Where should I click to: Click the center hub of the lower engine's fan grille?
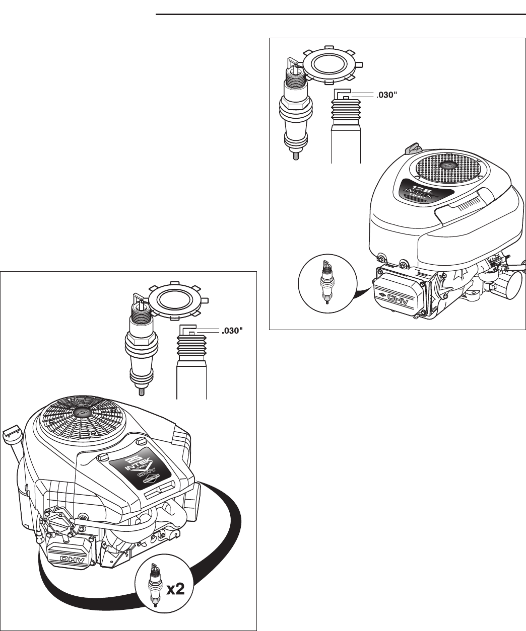pos(81,411)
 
